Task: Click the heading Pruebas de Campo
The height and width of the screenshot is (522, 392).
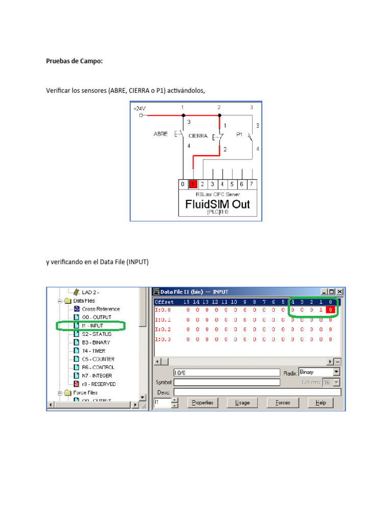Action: (x=74, y=61)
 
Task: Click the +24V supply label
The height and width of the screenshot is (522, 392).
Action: (x=139, y=109)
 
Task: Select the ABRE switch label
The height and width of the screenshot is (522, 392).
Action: (x=160, y=134)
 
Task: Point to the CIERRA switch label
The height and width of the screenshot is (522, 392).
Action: (x=198, y=136)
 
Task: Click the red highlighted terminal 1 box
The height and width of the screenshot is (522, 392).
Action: (x=193, y=184)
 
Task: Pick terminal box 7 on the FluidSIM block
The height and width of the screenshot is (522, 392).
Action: (x=251, y=184)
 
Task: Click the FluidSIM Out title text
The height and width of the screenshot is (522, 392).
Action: (x=213, y=205)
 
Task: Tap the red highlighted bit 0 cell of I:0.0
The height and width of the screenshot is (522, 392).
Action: (x=331, y=310)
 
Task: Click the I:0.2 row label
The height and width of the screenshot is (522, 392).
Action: (x=163, y=329)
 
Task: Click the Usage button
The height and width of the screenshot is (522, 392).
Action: (x=242, y=403)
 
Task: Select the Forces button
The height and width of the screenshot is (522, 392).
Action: (x=282, y=403)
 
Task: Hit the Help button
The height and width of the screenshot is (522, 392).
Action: (x=321, y=403)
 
